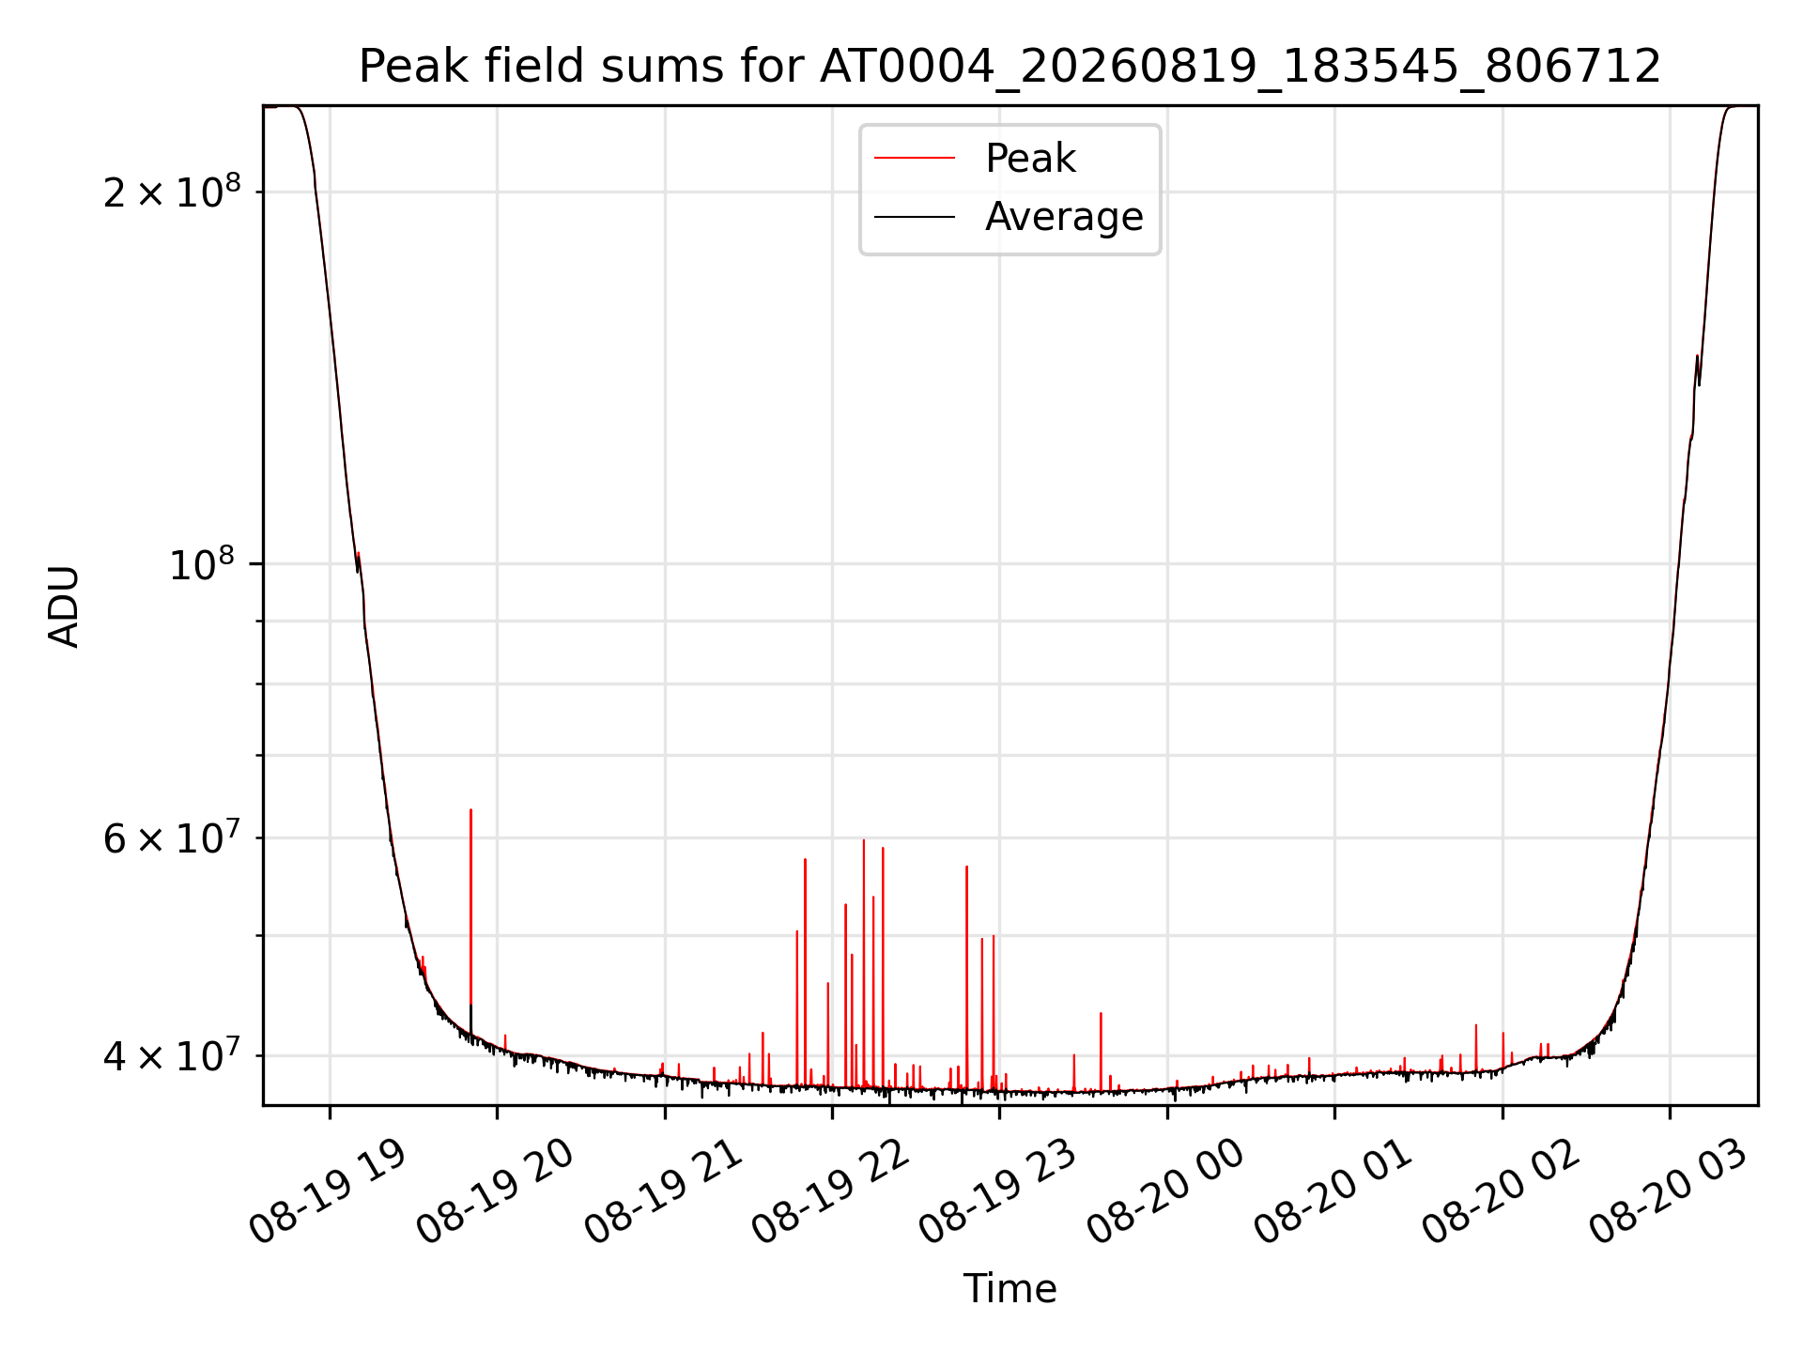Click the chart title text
(x=1010, y=67)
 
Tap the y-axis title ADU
(x=64, y=606)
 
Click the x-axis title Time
(x=1010, y=1288)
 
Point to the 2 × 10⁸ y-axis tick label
(x=172, y=192)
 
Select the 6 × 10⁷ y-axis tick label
(x=172, y=837)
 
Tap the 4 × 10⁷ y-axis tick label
(x=172, y=1055)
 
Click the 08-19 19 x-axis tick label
(x=329, y=1191)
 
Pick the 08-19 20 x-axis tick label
(x=496, y=1191)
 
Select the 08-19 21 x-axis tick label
(x=664, y=1191)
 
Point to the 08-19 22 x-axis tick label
(x=831, y=1191)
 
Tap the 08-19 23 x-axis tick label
(x=998, y=1191)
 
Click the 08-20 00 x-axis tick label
(x=1166, y=1191)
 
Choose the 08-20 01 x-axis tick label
(x=1333, y=1191)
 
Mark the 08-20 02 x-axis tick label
(x=1502, y=1191)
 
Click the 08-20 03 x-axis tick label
(x=1669, y=1191)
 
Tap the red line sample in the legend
(x=915, y=159)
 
